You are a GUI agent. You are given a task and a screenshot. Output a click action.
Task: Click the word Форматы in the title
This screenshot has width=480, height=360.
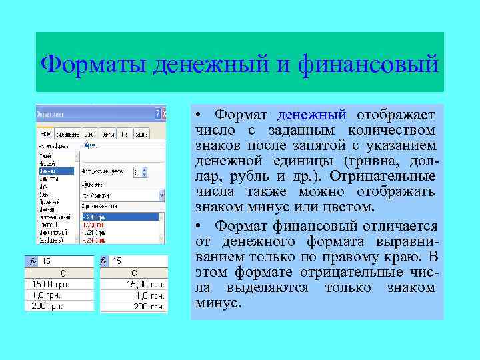coord(93,65)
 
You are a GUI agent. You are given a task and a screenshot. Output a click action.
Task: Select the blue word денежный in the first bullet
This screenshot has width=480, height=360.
coord(312,115)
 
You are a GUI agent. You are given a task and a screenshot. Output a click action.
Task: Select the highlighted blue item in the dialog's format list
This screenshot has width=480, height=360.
coord(57,171)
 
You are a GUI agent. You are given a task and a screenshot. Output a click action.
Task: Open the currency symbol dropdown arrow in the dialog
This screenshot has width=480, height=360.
coord(161,195)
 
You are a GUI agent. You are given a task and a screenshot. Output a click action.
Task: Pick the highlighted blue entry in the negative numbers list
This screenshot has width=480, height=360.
coord(120,217)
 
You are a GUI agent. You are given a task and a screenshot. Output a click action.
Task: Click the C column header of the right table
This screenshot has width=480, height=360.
coord(134,273)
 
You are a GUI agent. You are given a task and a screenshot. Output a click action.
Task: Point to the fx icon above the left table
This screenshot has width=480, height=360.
coord(29,261)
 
